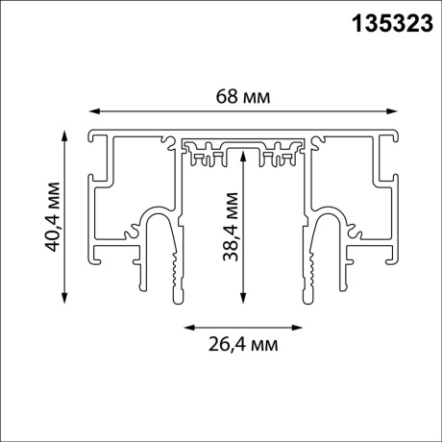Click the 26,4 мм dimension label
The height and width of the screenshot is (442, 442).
[x=244, y=342]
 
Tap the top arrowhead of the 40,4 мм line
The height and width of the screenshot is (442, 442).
[x=64, y=133]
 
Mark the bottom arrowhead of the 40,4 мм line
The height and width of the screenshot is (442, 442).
[x=64, y=301]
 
